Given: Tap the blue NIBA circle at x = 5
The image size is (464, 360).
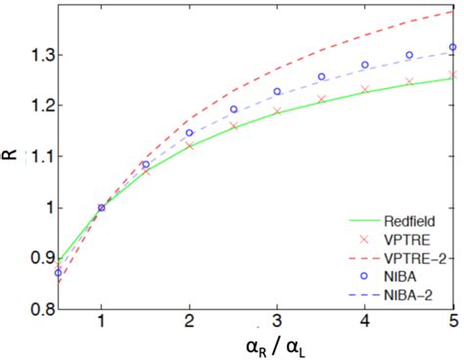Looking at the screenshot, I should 452,47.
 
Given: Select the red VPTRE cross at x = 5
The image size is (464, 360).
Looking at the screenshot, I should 452,74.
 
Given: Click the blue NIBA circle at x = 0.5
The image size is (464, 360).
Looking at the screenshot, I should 58,273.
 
